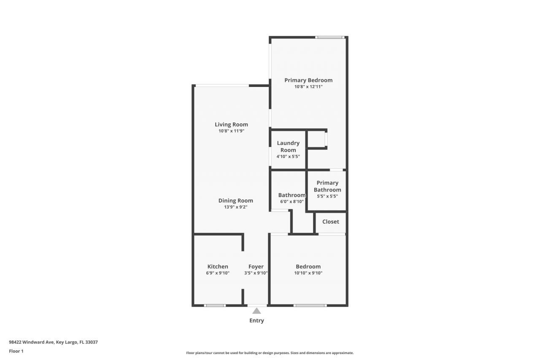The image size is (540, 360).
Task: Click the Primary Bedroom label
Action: pyautogui.click(x=308, y=80)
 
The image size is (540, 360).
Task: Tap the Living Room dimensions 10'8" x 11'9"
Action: pyautogui.click(x=231, y=131)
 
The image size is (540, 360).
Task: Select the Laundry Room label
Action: pyautogui.click(x=288, y=146)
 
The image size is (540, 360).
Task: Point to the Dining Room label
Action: pyautogui.click(x=235, y=200)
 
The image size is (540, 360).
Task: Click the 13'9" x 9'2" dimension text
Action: pyautogui.click(x=235, y=207)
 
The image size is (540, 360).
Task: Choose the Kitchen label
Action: pyautogui.click(x=218, y=266)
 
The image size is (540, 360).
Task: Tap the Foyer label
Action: pyautogui.click(x=256, y=266)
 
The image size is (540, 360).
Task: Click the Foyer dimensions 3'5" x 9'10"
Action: pyautogui.click(x=256, y=273)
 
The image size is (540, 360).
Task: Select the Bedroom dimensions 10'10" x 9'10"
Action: pyautogui.click(x=308, y=273)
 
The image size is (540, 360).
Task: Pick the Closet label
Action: pyautogui.click(x=331, y=222)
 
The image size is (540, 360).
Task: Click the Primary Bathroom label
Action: pyautogui.click(x=327, y=186)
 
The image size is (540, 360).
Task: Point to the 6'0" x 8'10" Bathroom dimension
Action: pyautogui.click(x=291, y=202)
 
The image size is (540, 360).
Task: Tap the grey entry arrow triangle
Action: pyautogui.click(x=256, y=311)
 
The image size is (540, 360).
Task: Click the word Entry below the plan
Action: pyautogui.click(x=256, y=320)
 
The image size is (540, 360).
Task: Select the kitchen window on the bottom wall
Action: pyautogui.click(x=214, y=305)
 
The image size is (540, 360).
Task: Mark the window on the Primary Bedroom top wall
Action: pyautogui.click(x=330, y=38)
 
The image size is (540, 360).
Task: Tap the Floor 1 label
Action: pyautogui.click(x=16, y=351)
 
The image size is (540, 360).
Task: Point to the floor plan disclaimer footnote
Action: pyautogui.click(x=270, y=353)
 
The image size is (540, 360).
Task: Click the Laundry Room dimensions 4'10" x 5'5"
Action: pyautogui.click(x=288, y=157)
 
